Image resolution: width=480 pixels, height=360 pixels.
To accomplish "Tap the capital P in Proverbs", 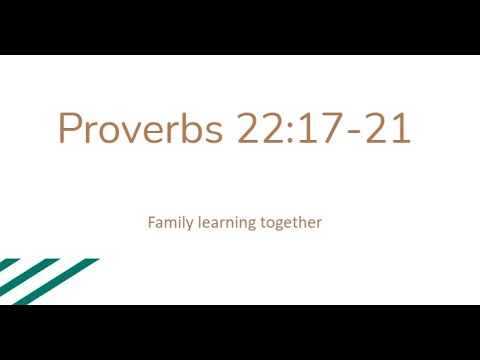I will coord(69,128).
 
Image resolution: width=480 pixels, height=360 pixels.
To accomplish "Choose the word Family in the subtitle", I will coord(169,222).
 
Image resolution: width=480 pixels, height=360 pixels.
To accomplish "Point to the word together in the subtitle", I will coord(292,222).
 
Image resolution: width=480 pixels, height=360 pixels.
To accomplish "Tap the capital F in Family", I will coord(152,221).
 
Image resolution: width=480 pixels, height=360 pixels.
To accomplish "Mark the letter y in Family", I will coord(187,224).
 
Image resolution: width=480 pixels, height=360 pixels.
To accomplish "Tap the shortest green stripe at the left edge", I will coord(7,266).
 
